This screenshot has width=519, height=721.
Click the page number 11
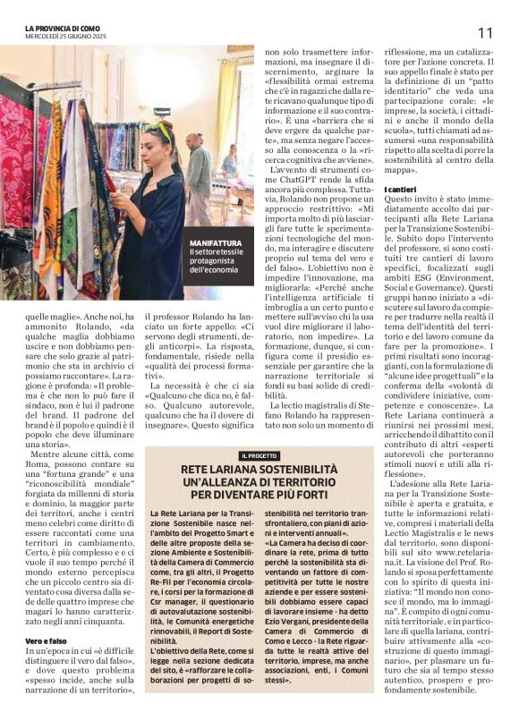(x=486, y=32)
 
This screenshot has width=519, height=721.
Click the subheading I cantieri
(x=400, y=191)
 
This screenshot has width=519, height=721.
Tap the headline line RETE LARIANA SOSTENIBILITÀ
(x=258, y=470)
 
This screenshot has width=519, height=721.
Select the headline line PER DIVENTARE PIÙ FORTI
(x=258, y=494)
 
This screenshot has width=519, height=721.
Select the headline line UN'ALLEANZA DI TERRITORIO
(x=258, y=482)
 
